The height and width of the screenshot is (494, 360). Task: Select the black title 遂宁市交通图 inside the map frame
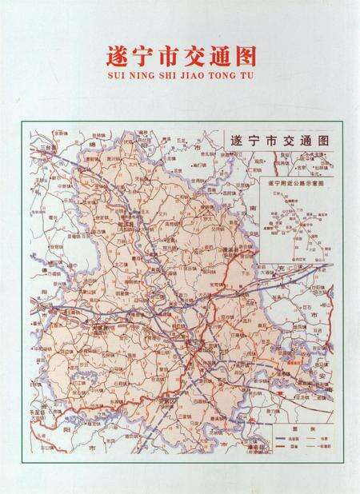(279, 139)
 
